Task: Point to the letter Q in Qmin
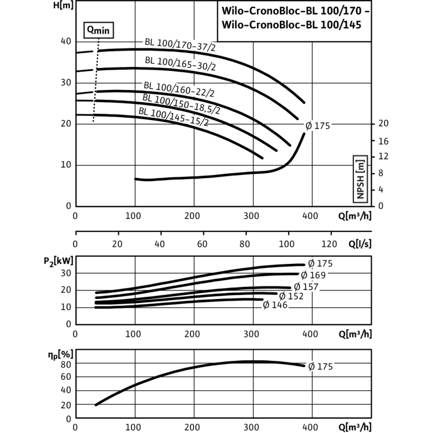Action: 91,32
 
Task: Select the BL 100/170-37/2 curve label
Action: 180,44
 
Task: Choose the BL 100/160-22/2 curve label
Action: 179,89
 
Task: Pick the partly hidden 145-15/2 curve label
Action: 182,120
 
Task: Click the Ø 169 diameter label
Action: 313,275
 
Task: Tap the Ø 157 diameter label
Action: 306,286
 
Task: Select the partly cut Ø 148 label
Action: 275,305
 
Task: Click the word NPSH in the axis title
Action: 361,186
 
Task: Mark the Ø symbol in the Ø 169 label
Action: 304,275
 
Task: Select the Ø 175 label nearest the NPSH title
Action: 318,126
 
